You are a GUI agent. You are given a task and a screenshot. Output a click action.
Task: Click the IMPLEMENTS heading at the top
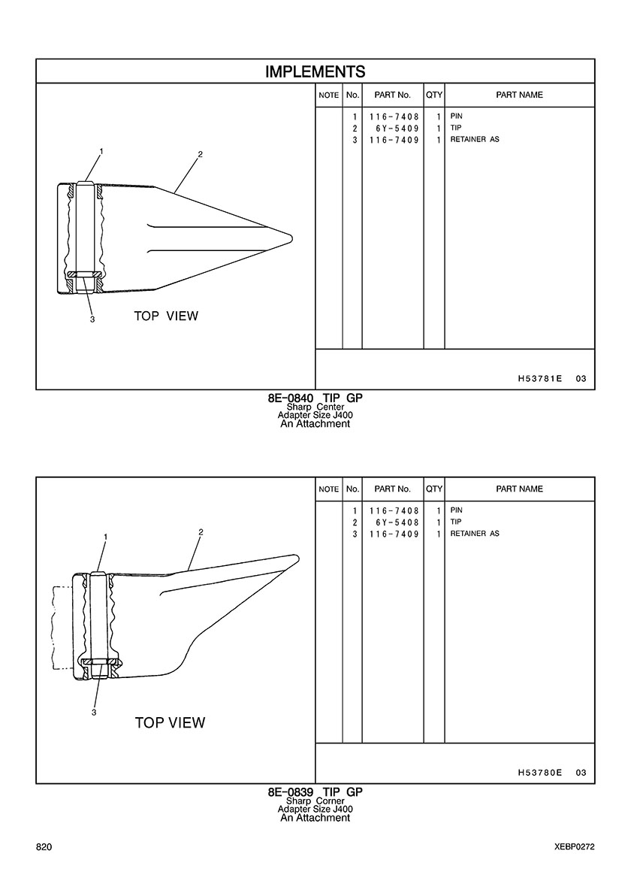[x=315, y=71]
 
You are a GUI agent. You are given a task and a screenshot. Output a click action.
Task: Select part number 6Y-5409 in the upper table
[x=397, y=128]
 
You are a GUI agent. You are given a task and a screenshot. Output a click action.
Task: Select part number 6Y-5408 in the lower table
[x=397, y=522]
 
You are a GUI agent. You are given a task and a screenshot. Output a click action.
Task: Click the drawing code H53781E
[x=540, y=378]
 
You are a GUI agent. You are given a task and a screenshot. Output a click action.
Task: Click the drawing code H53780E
[x=540, y=772]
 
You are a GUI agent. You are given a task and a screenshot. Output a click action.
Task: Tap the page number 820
[x=44, y=847]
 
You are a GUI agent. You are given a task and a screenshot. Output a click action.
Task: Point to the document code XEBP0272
[x=575, y=847]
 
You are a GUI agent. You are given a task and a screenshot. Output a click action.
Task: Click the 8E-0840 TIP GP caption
[x=315, y=398]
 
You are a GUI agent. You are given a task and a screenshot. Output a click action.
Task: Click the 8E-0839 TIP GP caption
[x=315, y=792]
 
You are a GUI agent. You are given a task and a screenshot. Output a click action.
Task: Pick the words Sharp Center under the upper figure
[x=315, y=407]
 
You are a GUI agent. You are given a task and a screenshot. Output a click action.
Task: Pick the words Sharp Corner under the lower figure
[x=315, y=801]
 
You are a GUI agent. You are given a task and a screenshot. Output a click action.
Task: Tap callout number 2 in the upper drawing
[x=201, y=154]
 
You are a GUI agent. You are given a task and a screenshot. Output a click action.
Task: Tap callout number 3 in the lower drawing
[x=94, y=713]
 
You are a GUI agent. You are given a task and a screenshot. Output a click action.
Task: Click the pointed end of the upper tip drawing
[x=292, y=237]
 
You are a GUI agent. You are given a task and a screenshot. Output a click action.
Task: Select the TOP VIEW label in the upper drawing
[x=166, y=316]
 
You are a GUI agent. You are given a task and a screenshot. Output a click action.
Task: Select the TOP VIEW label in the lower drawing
[x=170, y=722]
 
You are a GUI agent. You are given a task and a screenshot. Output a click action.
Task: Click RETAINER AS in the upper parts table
[x=475, y=139]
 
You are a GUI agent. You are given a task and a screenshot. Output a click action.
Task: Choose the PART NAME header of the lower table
[x=520, y=489]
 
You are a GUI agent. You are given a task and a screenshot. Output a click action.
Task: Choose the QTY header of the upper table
[x=434, y=95]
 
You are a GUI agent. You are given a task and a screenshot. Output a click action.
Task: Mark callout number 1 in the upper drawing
[x=101, y=151]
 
